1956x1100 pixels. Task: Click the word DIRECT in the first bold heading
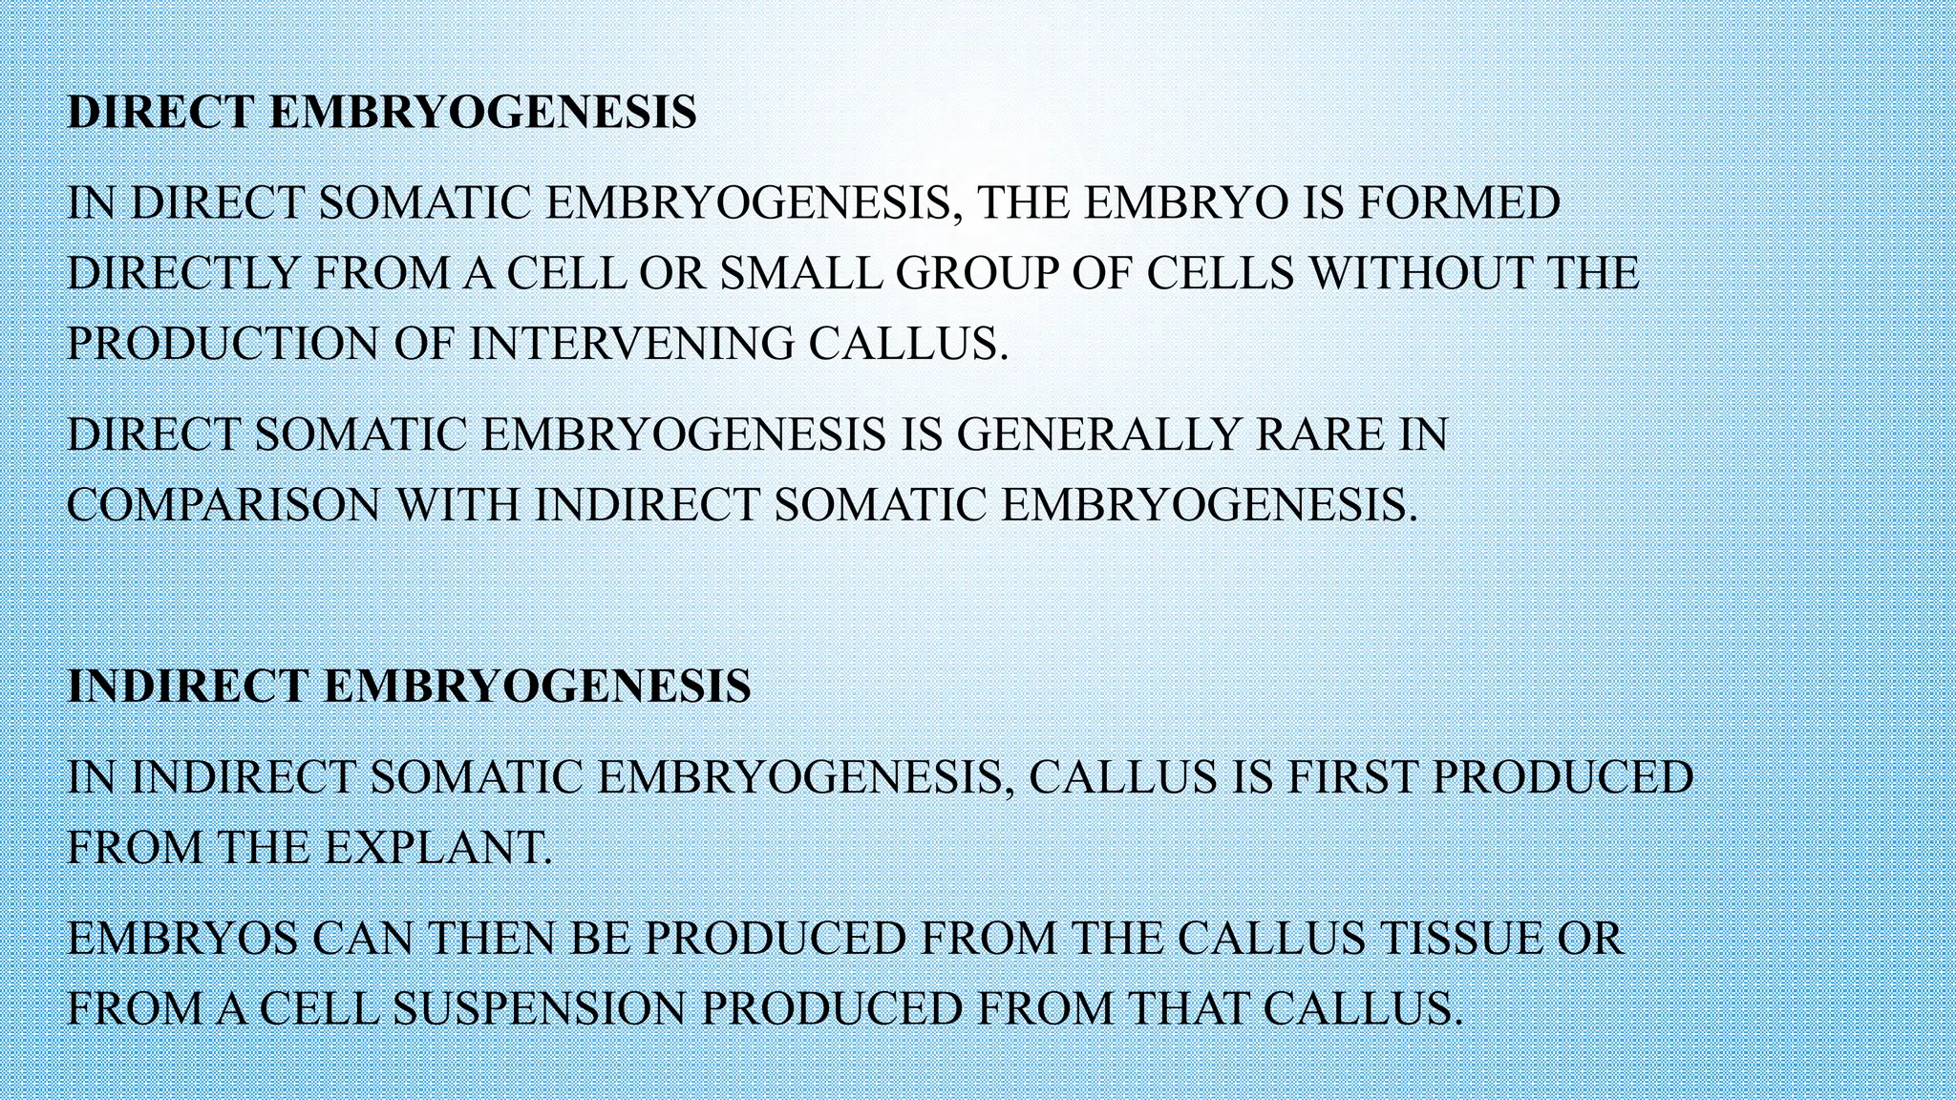pos(161,113)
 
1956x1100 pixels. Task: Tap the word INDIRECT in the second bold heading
pos(188,687)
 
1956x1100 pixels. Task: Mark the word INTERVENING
pos(631,344)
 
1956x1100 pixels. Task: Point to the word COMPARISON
pos(223,505)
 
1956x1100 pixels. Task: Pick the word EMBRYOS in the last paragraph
pos(183,940)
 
